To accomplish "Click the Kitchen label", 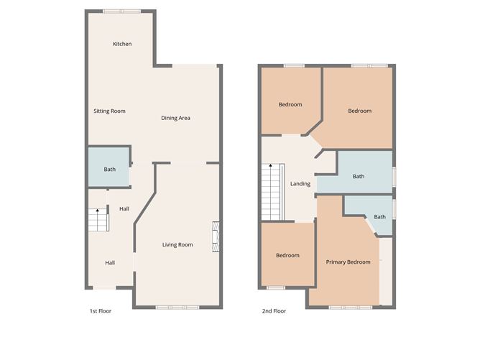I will pos(122,45).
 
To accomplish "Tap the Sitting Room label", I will pos(109,111).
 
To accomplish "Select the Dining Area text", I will pos(175,118).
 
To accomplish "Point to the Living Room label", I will pos(177,245).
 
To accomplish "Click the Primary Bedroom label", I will pos(348,262).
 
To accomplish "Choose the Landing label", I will pos(300,184).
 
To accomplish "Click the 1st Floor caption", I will pos(100,312).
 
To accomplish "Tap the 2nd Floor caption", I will pos(274,312).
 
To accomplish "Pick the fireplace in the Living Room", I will pos(215,238).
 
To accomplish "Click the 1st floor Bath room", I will pos(109,169).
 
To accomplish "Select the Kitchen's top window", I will pos(121,11).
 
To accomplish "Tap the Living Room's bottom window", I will pos(172,308).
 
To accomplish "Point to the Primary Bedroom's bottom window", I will pos(348,308).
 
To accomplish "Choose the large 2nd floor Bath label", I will pos(358,177).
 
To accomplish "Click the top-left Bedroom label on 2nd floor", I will pos(290,105).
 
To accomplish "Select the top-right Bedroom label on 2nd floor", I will pos(359,111).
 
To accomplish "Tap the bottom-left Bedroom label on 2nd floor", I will pos(287,256).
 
